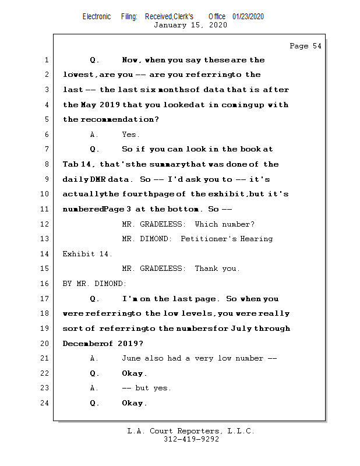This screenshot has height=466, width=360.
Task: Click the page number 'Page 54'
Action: [x=305, y=46]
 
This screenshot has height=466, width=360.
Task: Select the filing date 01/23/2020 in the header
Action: [x=248, y=17]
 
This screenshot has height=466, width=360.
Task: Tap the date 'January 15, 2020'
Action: [x=190, y=25]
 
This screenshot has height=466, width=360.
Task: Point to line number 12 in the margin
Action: [x=46, y=224]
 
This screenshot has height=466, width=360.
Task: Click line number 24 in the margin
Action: [x=46, y=403]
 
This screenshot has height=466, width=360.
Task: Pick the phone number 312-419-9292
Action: [x=191, y=439]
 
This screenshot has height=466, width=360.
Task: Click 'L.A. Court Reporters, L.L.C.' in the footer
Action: [x=190, y=431]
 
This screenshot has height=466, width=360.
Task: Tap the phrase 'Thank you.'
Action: [x=217, y=269]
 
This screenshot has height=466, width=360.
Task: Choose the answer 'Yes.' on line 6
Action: [x=131, y=135]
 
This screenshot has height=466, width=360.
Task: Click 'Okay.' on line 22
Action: [x=135, y=373]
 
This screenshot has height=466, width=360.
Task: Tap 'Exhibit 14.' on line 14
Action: [x=87, y=254]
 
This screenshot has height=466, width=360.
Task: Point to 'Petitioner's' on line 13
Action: [x=207, y=239]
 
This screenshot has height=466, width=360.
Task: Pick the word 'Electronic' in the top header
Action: [x=97, y=17]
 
